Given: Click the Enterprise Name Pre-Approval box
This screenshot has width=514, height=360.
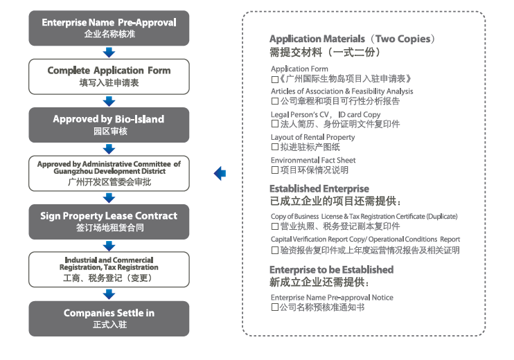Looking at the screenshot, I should click(109, 28).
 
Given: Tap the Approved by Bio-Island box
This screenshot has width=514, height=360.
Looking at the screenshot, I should click(109, 124).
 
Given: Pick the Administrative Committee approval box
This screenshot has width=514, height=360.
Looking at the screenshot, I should click(109, 173).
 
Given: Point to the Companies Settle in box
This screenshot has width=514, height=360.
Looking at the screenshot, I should click(109, 318).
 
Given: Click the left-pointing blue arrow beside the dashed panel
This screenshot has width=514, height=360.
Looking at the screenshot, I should click(220, 173).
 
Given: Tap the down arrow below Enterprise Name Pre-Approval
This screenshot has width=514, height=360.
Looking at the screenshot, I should click(109, 52).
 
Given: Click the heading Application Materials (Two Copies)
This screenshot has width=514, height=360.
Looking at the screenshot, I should click(353, 39).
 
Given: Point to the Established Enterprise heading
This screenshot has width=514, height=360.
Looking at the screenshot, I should click(319, 189).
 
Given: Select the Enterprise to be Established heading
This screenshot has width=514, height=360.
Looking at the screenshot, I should click(331, 270).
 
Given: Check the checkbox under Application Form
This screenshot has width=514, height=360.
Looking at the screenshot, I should click(275, 79).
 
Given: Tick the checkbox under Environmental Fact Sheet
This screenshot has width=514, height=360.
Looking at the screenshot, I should click(275, 170).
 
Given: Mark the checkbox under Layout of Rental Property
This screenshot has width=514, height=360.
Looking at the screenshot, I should click(275, 147).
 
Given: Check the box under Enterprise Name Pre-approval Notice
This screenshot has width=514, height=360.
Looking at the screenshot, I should click(275, 307).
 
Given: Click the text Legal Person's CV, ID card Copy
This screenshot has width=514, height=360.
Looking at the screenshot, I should click(326, 114).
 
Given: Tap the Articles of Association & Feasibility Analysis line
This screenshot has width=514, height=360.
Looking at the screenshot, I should click(342, 91).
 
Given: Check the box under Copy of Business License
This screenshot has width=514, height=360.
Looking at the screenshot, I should click(275, 226).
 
